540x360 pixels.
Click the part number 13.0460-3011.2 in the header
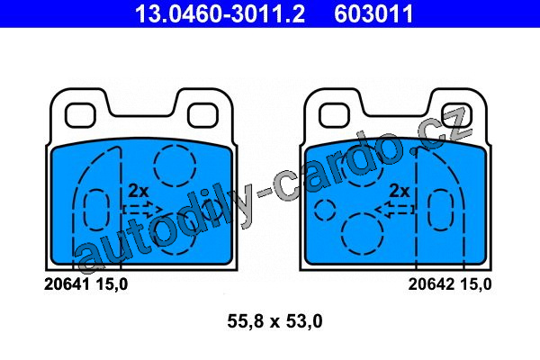220,13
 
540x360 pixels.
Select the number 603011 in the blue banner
373,13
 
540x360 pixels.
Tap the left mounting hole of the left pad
80,115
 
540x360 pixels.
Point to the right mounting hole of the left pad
202,115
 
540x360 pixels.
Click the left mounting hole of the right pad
335,115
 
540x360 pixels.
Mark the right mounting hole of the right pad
456,115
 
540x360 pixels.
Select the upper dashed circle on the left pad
175,166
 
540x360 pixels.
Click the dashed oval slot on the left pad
97,210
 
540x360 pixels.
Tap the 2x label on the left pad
138,191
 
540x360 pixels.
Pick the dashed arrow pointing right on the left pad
142,209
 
